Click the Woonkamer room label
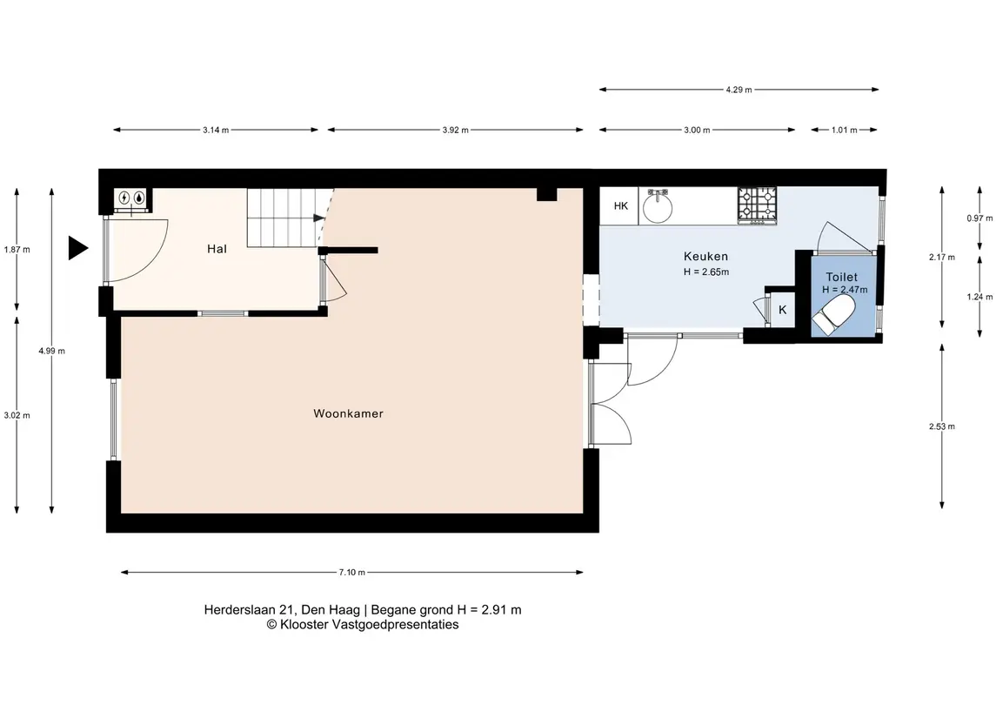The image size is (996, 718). click(x=348, y=413)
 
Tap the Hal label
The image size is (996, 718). click(x=217, y=249)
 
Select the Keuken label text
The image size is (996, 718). click(x=705, y=257)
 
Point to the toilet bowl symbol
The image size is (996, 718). click(x=834, y=316)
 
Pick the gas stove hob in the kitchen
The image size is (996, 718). click(x=757, y=205)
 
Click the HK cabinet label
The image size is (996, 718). click(x=620, y=206)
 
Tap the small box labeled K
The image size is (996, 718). click(x=782, y=310)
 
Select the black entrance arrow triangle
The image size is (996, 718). click(x=78, y=248)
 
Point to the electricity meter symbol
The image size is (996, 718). click(x=124, y=198)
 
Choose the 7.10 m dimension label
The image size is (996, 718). click(x=352, y=573)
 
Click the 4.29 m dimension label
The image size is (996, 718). click(x=739, y=90)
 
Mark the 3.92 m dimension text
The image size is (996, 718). click(x=456, y=131)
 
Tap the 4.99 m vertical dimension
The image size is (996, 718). click(x=51, y=351)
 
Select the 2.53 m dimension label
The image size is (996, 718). click(x=941, y=426)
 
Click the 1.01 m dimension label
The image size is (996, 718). click(x=844, y=131)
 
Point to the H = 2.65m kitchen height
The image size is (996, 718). click(x=705, y=272)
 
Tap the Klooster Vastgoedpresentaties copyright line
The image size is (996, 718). click(x=363, y=625)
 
